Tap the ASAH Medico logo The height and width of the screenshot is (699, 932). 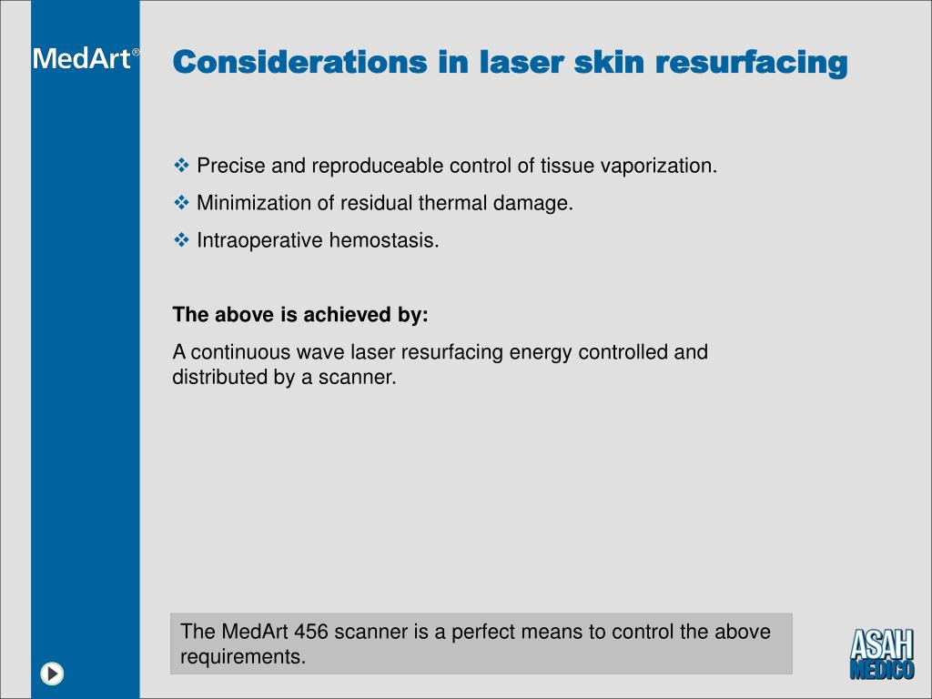pyautogui.click(x=882, y=653)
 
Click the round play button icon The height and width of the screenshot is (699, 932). pyautogui.click(x=53, y=674)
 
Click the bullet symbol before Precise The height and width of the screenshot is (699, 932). pyautogui.click(x=181, y=166)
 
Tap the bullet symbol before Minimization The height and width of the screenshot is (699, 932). pyautogui.click(x=181, y=203)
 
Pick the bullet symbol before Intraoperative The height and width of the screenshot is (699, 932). pyautogui.click(x=181, y=240)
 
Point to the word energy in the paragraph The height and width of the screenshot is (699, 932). pyautogui.click(x=538, y=352)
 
